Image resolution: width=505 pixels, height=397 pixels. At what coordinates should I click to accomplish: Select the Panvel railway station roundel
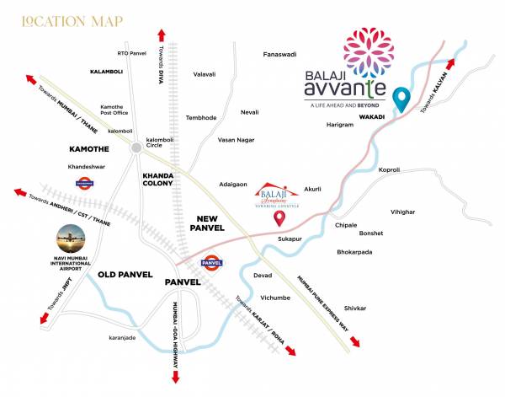212,263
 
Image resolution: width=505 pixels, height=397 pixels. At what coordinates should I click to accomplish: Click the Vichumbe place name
274,298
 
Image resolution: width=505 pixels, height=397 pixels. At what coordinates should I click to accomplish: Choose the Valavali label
205,74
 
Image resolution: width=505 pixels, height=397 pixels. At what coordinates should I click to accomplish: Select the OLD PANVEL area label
124,275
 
